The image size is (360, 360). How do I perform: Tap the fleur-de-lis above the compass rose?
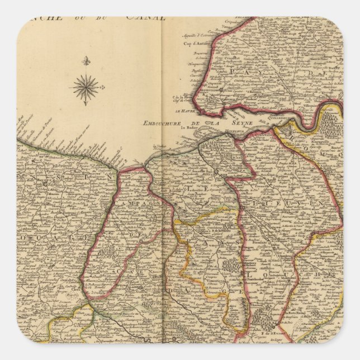(86, 60)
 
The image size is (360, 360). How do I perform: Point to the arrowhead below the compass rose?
(86, 104)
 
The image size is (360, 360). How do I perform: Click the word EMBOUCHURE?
(165, 123)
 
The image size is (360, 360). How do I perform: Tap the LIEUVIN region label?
(196, 190)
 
